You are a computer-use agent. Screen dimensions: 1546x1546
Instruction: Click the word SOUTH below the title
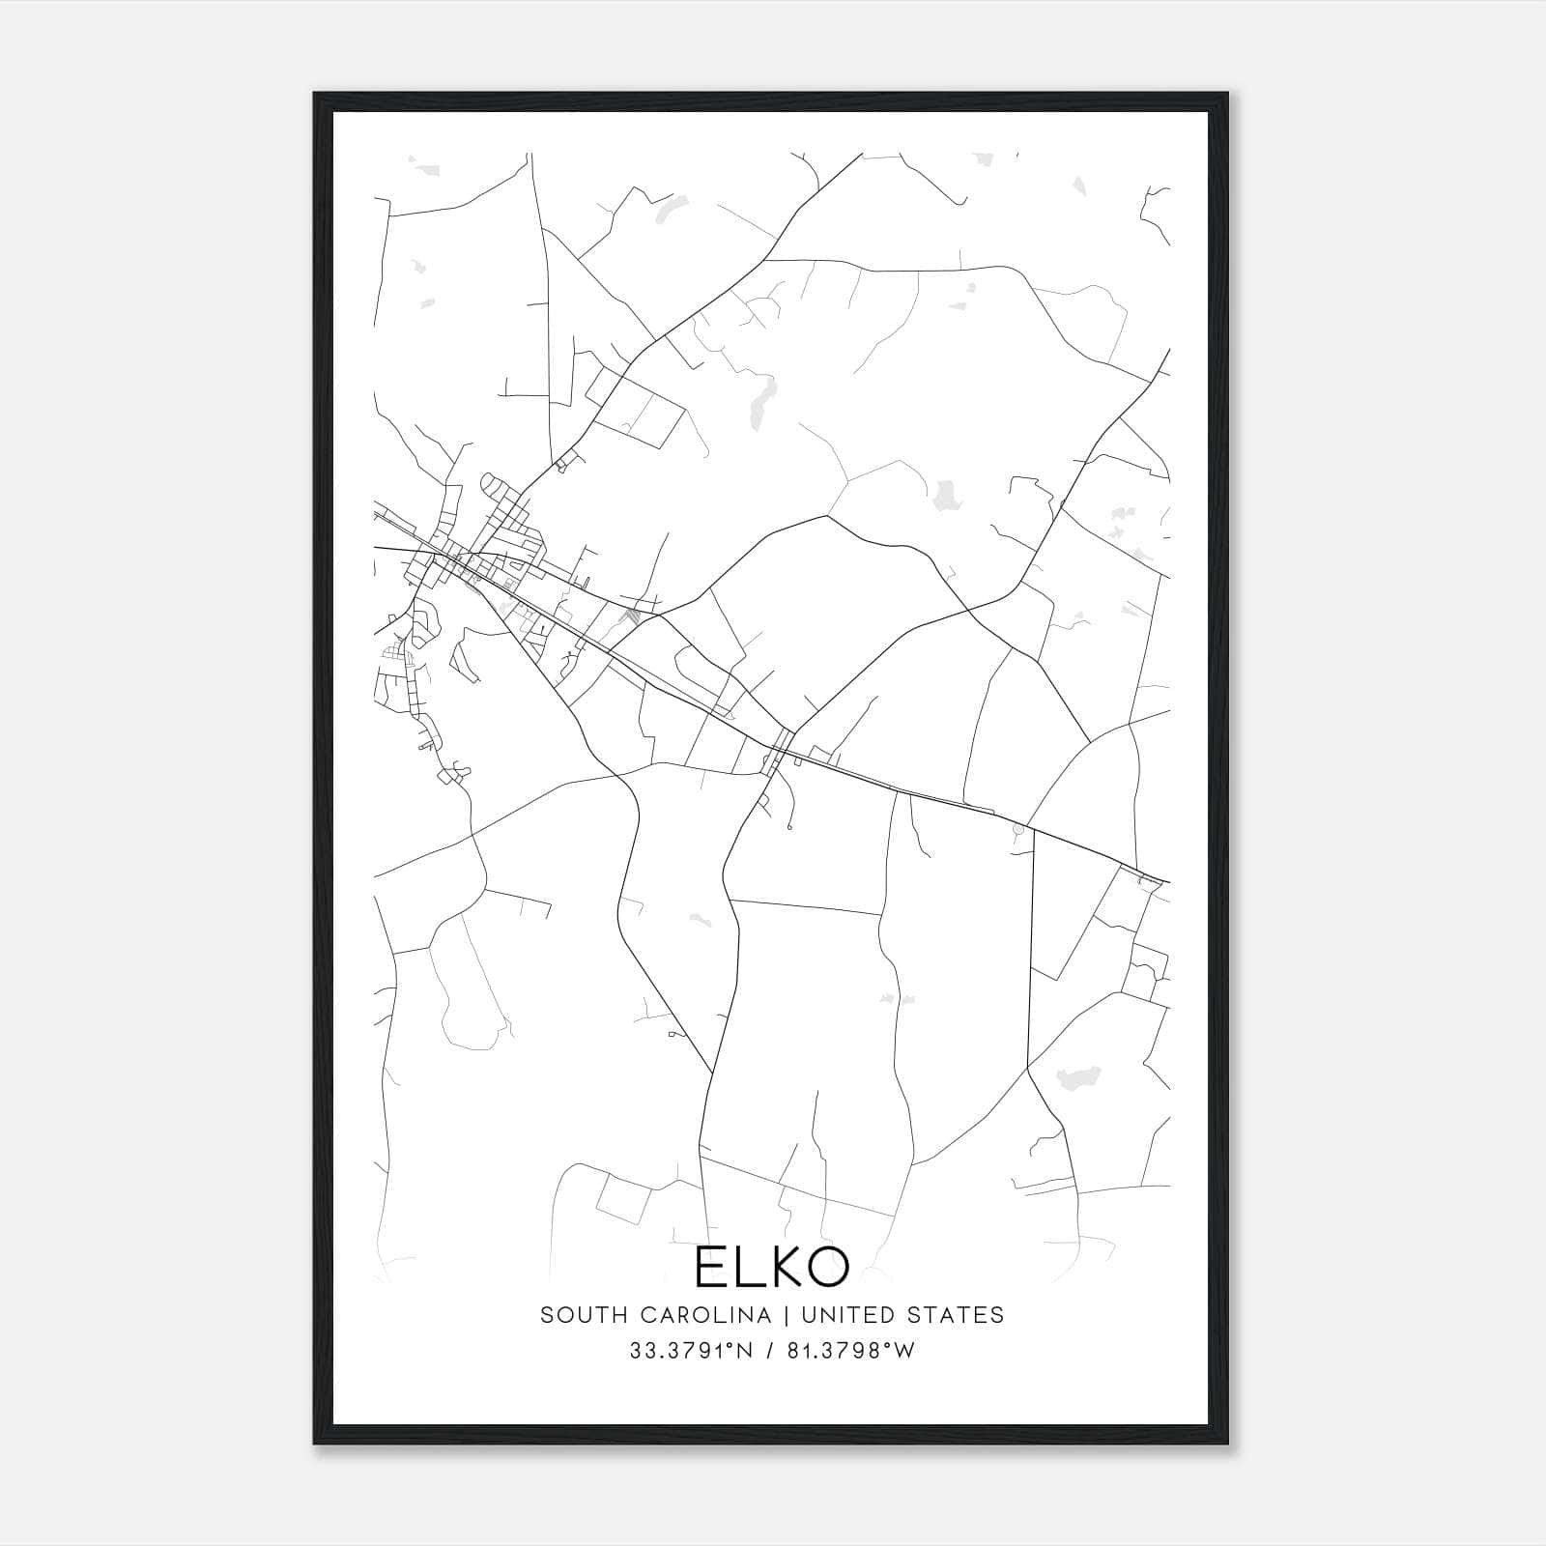(x=574, y=1315)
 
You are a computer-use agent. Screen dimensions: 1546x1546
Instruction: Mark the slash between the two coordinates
(x=769, y=1351)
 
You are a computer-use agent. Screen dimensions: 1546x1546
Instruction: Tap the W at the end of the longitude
(x=904, y=1351)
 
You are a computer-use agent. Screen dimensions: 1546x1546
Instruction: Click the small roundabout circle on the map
(x=1016, y=829)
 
